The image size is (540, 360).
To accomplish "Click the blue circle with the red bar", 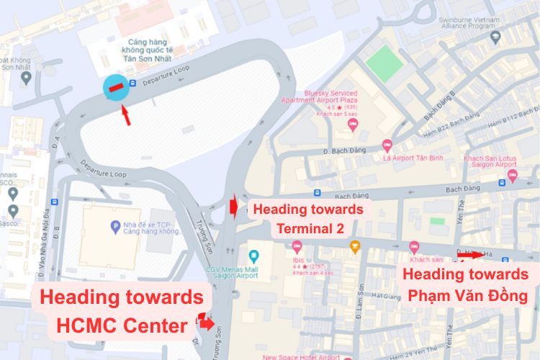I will point(115,89).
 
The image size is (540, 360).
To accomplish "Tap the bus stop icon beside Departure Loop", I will point(133,84).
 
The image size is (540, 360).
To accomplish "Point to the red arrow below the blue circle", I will point(125,114).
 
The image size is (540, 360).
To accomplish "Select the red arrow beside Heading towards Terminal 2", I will point(234,207).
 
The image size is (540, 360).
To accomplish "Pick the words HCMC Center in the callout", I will point(122,326).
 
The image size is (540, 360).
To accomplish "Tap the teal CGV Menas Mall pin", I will point(253,256).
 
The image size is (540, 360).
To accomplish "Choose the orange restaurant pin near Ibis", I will point(354,247).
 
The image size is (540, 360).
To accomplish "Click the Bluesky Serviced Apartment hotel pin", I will point(352,124).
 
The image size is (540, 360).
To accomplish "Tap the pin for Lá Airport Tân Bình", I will point(387,145).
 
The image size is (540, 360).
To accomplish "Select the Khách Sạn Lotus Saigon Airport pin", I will point(512,176).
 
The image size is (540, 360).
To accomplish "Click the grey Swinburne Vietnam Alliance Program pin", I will point(495,36).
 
